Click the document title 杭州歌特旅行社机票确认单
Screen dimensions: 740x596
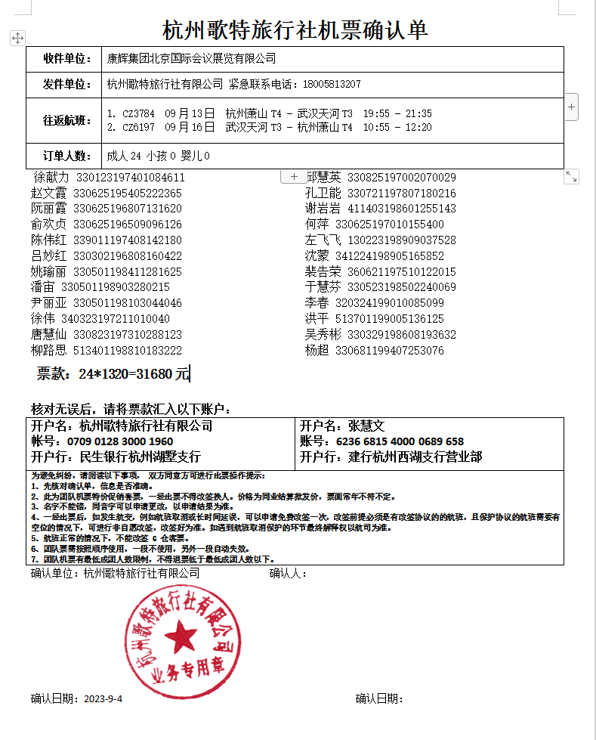pos(296,29)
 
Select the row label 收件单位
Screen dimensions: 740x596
pos(63,59)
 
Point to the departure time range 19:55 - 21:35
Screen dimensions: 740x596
pos(397,113)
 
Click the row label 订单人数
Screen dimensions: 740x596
pos(63,156)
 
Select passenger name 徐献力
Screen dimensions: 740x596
pos(51,178)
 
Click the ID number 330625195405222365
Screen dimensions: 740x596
pos(127,194)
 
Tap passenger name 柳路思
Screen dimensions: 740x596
pos(48,351)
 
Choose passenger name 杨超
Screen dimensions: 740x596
pos(317,351)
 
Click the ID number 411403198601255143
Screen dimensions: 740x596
pos(401,209)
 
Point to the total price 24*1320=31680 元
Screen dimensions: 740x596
pos(113,373)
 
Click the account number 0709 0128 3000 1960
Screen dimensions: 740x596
pos(120,441)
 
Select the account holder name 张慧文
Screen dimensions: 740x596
pos(366,426)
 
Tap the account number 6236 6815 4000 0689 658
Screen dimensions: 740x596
pos(400,441)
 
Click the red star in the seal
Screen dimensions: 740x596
pos(181,633)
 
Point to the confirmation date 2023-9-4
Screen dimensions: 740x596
pos(103,698)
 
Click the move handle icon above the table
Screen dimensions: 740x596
pos(18,38)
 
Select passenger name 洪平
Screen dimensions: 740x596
pos(317,319)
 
